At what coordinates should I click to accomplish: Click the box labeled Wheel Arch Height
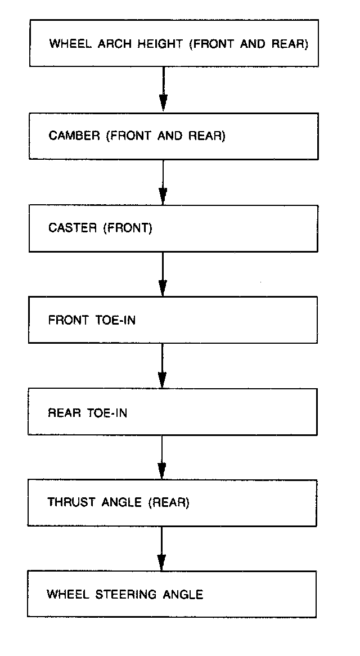coord(174,43)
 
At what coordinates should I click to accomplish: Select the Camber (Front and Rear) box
coord(174,136)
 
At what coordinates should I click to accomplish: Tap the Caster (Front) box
coord(173,228)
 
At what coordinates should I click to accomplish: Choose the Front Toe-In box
coord(173,320)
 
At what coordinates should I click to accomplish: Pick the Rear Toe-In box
coord(172,412)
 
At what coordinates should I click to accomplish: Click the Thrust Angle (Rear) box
coord(172,502)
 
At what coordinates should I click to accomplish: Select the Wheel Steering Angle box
coord(172,594)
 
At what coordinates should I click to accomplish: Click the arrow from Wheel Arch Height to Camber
coord(163,89)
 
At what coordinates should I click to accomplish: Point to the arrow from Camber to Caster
coord(163,182)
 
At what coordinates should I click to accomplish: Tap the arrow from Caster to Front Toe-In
coord(163,274)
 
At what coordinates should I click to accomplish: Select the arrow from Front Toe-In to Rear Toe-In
coord(162,366)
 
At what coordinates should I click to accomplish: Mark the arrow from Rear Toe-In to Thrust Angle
coord(162,457)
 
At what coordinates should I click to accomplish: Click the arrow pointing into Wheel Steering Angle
coord(161,549)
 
